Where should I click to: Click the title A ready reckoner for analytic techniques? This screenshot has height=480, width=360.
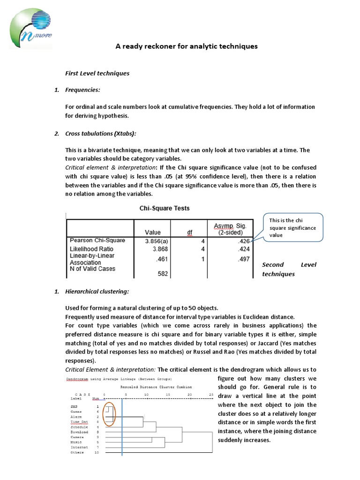point(187,46)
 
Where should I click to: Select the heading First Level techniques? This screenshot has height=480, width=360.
point(97,73)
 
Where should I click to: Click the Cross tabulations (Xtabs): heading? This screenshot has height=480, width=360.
point(101,134)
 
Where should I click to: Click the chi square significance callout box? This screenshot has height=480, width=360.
point(292,227)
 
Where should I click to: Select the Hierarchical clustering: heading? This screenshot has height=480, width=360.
point(97,292)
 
